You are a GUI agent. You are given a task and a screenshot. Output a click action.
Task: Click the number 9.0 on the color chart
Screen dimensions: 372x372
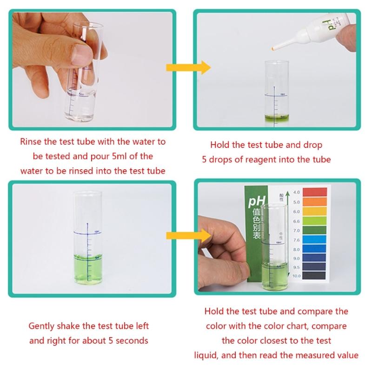click(296, 258)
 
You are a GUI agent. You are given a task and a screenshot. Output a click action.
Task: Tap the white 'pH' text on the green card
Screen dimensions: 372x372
click(255, 202)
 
